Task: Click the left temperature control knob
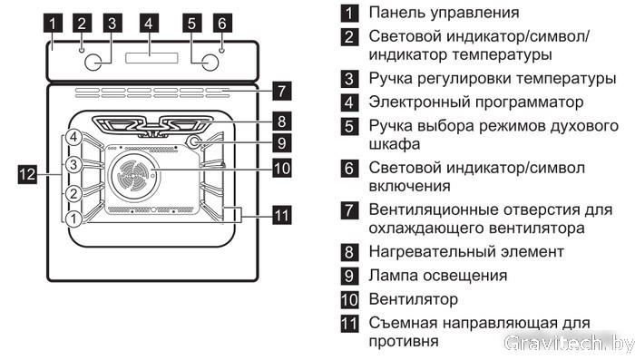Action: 93,63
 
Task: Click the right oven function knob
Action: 210,63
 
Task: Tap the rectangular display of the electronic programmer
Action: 151,58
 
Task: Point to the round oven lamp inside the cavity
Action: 194,141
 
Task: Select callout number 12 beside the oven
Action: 27,174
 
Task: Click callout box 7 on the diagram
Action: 282,91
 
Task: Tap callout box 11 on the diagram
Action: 282,216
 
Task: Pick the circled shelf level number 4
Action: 73,138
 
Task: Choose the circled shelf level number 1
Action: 73,219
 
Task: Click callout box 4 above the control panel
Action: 149,23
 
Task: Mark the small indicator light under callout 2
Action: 82,50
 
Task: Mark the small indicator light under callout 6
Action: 221,50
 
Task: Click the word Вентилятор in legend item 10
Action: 413,299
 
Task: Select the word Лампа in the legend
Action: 393,277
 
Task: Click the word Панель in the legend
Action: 396,13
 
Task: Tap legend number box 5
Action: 349,126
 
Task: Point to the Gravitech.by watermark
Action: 569,344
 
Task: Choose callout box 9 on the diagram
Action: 282,143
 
